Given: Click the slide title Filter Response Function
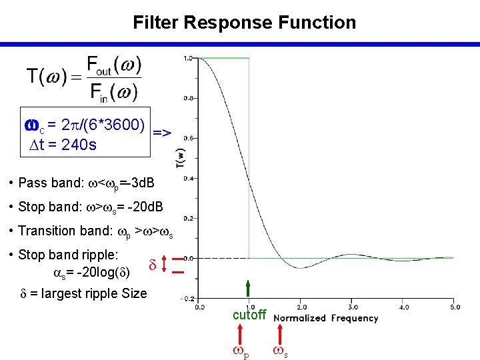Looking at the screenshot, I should pos(244,23).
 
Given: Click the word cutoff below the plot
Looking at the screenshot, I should pos(249,315).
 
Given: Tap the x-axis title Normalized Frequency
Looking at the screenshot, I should pos(326,318).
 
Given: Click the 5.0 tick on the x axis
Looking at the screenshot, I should pos(455,307).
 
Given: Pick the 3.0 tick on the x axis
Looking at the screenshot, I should pos(353,307).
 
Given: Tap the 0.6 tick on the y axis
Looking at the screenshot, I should pos(189,138).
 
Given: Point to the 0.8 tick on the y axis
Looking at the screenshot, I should pos(189,98).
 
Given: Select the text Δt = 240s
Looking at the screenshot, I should pos(60,143).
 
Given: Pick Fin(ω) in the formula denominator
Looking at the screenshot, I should pos(113,91).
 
